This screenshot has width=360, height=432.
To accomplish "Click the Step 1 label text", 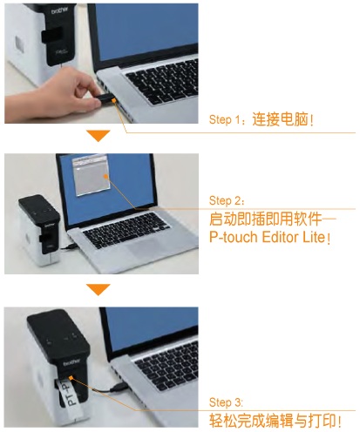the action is [225, 119].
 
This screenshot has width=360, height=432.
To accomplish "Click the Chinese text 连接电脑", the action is [280, 118].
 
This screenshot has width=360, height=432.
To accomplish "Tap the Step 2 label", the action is [225, 200].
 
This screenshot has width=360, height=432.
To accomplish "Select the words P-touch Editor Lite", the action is [267, 237].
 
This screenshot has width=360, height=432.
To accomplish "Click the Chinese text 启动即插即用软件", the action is [265, 219].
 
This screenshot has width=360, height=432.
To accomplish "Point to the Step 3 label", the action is [225, 402].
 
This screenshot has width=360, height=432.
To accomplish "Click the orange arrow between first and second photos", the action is [98, 136].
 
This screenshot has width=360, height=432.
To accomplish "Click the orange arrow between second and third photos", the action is [98, 289].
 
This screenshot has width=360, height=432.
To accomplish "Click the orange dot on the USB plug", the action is [113, 100].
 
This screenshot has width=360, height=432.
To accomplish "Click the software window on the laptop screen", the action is [91, 175].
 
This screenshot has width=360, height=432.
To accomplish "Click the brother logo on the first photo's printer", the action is [60, 10].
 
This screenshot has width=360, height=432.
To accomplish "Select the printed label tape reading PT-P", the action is [66, 394].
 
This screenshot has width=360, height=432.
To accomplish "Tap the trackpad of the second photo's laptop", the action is [143, 246].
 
